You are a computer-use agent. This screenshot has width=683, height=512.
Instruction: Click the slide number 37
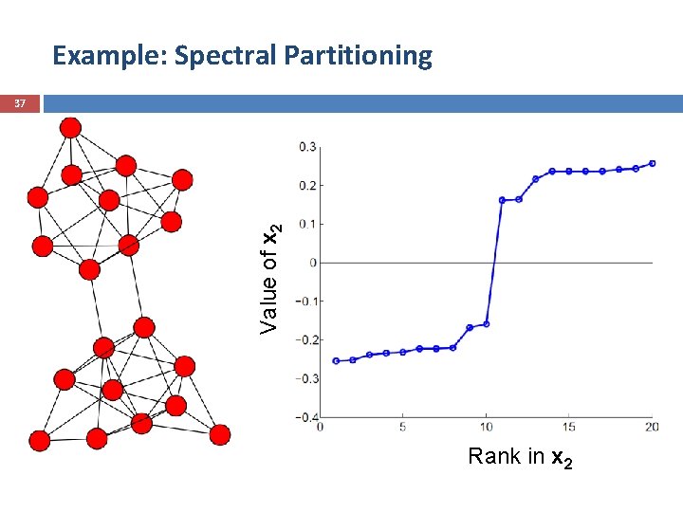point(20,102)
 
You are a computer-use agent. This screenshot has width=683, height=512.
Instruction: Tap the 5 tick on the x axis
point(402,428)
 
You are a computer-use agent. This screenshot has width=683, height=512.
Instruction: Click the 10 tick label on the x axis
point(486,428)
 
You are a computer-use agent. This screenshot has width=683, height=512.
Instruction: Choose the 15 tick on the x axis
point(569,428)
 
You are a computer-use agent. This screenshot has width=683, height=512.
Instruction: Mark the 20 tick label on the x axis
point(652,428)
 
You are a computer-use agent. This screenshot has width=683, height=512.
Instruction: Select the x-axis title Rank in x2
point(520,458)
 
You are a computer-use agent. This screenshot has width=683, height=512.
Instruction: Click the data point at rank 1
point(336,361)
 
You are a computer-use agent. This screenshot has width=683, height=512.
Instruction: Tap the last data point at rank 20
point(653,163)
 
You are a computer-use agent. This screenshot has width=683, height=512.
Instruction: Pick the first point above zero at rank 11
point(502,200)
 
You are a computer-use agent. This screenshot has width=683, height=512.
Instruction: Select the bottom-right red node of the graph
point(220,435)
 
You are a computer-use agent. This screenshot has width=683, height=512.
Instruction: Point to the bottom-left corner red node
point(39,440)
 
